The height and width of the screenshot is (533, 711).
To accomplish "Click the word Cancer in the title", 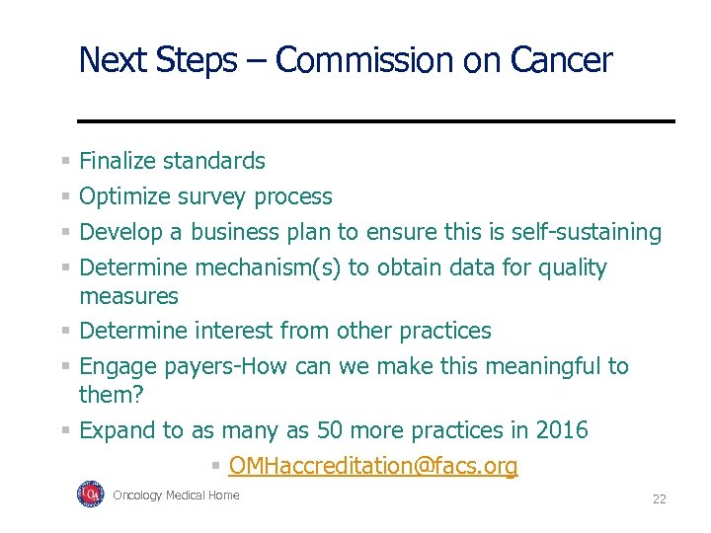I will click(561, 60).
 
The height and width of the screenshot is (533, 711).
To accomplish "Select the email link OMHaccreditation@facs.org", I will click(372, 466).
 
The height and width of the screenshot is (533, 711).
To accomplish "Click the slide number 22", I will click(659, 499).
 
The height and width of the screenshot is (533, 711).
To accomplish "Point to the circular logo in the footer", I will click(90, 495).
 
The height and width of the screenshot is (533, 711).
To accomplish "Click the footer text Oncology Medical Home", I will click(176, 495).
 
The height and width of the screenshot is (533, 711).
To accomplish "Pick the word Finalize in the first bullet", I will click(119, 161).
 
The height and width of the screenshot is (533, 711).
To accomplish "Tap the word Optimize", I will click(125, 196).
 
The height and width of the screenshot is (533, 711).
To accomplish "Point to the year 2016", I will click(561, 430).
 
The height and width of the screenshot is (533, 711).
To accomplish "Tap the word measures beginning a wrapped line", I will click(128, 296).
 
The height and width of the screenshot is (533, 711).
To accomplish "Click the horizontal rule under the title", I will click(375, 120).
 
